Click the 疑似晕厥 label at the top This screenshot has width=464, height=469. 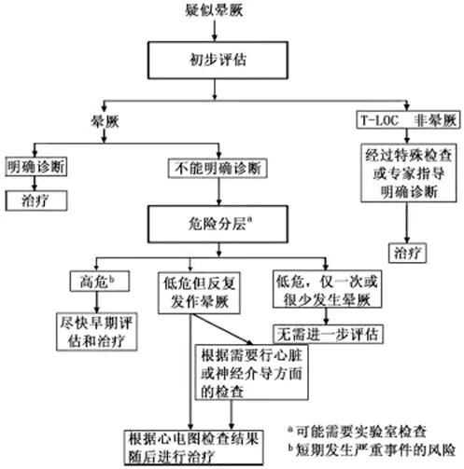214,10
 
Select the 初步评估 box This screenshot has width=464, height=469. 218,60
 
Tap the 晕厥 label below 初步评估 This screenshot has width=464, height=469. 105,121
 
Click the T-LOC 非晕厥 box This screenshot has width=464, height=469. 408,120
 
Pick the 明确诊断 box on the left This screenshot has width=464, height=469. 36,167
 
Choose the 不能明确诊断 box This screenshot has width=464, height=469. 218,169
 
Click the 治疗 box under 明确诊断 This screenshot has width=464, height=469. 36,200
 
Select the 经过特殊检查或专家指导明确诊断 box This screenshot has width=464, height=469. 409,172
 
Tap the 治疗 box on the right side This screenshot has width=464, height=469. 407,253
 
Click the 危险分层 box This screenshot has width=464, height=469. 218,224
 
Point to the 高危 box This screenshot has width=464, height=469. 100,282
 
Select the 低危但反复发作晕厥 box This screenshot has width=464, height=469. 199,293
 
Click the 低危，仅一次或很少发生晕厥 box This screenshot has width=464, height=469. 327,290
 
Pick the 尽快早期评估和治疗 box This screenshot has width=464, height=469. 96,332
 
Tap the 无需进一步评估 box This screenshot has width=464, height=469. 328,335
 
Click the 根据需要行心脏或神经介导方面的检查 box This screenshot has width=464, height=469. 251,372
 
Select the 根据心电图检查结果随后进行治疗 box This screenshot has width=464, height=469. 193,448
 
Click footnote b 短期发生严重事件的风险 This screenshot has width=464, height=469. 372,450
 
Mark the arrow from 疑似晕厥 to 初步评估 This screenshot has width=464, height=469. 215,30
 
